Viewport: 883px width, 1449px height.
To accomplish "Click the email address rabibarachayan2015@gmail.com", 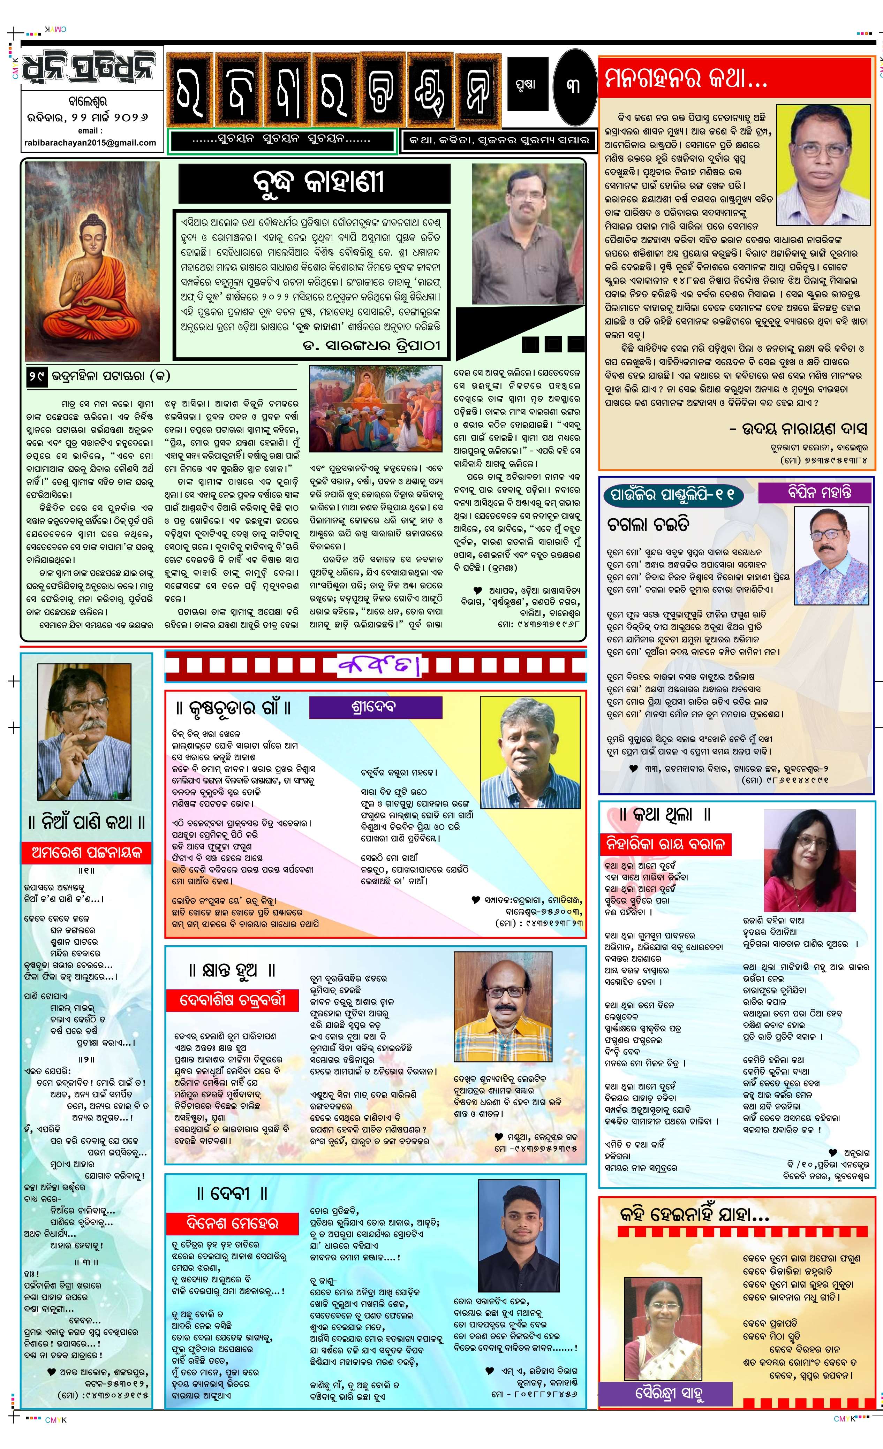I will [90, 142].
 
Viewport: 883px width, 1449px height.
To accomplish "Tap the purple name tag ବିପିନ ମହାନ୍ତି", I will [814, 492].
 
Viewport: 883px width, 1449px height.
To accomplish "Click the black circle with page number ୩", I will [574, 86].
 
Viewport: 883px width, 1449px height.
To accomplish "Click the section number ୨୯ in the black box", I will [37, 376].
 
